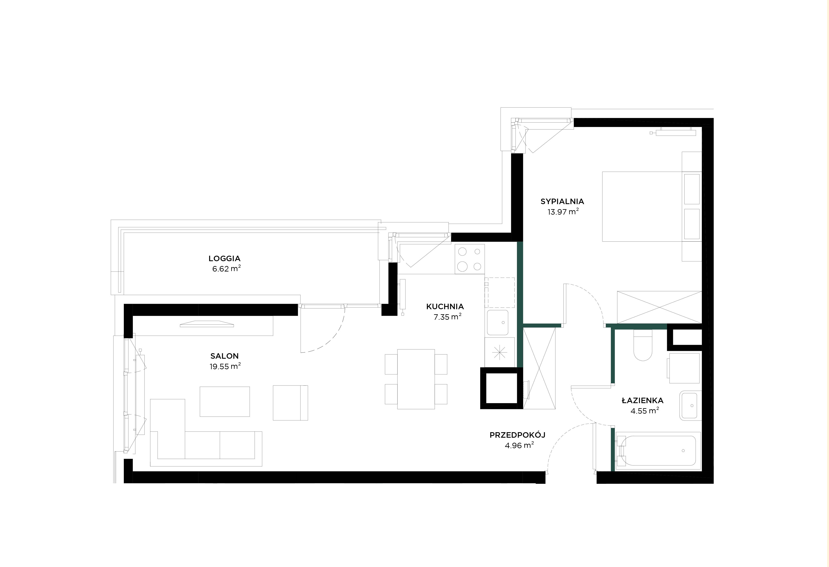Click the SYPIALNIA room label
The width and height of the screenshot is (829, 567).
tap(562, 201)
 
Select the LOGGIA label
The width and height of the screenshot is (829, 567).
tap(224, 258)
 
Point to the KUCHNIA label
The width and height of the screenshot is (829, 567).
tap(445, 306)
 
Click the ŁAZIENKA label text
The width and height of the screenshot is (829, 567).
tap(642, 400)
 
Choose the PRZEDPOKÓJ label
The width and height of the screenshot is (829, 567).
tap(517, 435)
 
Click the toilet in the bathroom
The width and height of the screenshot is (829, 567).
tap(643, 345)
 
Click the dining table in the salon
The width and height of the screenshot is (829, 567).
tap(416, 379)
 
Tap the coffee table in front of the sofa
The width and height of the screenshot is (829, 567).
tap(225, 401)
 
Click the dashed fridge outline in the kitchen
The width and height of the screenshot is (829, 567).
tap(499, 293)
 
